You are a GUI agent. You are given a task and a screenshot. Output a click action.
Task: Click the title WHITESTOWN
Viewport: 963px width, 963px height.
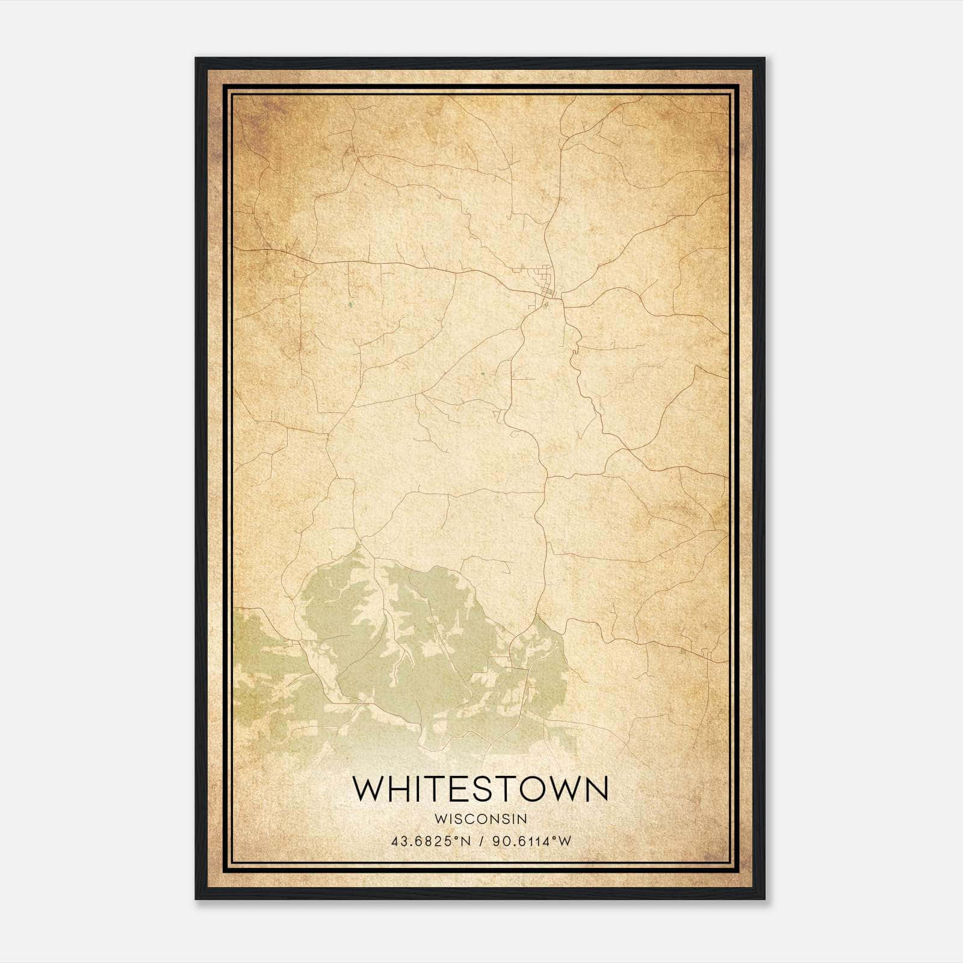480,789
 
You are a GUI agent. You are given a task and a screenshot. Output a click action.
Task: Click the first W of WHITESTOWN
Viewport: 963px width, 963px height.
368,789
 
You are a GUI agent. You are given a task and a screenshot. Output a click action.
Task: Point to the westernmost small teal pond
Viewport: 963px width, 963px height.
350,305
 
